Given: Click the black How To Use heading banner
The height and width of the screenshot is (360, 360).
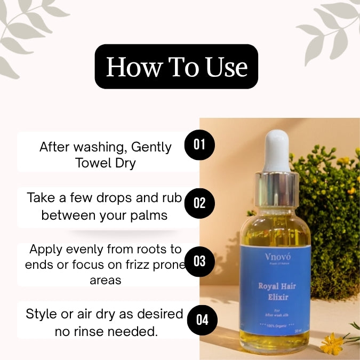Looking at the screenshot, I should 176,67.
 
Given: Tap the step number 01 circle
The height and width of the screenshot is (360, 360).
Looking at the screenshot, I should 199,144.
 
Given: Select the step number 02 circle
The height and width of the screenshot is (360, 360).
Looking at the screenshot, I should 199,203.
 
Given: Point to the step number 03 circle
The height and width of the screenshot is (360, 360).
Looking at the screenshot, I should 199,261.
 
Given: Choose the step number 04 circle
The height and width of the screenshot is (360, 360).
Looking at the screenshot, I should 202,319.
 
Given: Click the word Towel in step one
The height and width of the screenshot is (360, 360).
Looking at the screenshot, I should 93,163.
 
